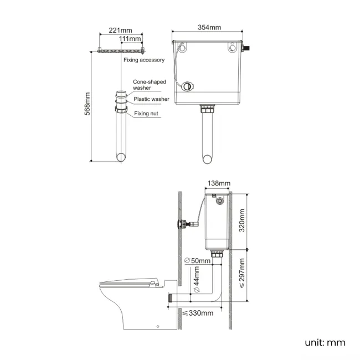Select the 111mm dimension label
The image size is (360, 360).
click(130, 39)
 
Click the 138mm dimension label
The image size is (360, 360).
click(219, 183)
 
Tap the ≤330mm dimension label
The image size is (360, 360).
click(198, 313)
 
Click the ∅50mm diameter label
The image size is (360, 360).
click(197, 260)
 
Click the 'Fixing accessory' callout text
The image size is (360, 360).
click(144, 60)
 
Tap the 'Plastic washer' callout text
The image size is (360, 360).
click(151, 99)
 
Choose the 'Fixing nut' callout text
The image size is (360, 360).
click(147, 114)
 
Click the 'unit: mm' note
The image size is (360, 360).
click(325, 342)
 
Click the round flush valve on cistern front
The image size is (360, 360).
click(189, 86)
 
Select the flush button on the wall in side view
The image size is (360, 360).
click(179, 224)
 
